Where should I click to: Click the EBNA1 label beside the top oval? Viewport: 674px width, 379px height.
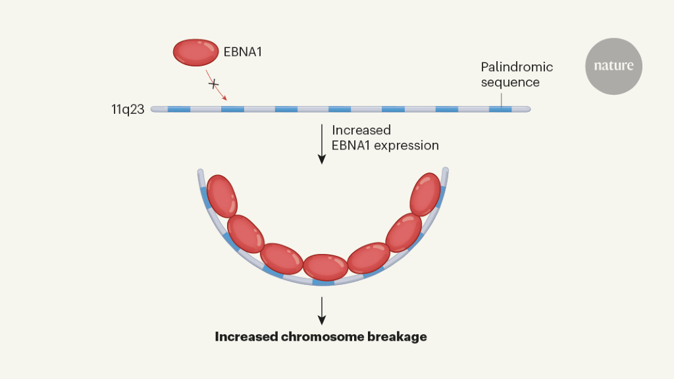pos(243,51)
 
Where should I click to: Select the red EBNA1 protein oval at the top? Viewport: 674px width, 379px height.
pos(196,51)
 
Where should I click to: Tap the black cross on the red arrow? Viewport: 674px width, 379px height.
pos(213,84)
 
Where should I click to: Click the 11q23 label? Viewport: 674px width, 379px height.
pos(128,109)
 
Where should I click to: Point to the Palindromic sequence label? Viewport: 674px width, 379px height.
pos(517,74)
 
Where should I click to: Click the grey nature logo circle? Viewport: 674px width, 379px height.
pos(613,66)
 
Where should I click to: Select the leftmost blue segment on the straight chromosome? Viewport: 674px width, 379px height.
pos(179,109)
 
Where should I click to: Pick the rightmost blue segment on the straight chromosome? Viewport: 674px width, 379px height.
pos(500,109)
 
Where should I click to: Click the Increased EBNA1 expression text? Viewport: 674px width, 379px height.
pos(385,138)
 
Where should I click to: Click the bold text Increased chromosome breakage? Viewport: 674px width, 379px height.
pos(321,337)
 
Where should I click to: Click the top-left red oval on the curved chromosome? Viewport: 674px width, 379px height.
pos(221,196)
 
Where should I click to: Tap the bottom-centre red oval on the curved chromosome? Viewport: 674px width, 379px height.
pos(324,266)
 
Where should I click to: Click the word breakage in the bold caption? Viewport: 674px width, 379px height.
pos(398,337)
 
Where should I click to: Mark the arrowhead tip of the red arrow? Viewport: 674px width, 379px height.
pos(226,99)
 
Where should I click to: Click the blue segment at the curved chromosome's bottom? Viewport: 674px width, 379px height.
pos(323,282)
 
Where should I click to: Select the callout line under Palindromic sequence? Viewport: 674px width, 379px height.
pos(502,98)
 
